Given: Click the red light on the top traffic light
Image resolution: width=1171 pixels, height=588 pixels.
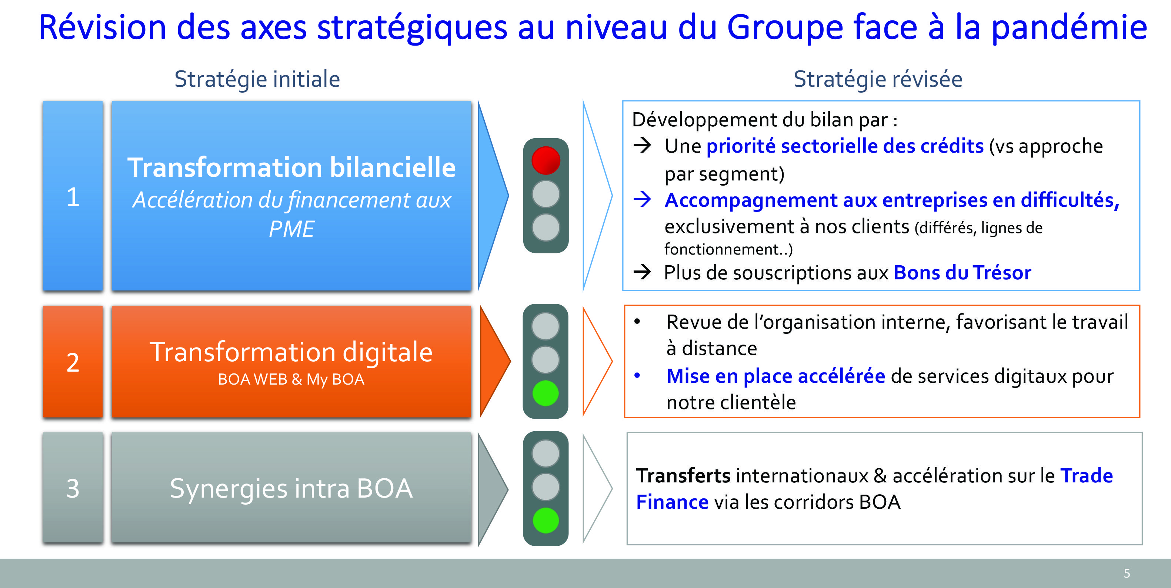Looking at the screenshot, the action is pyautogui.click(x=546, y=160).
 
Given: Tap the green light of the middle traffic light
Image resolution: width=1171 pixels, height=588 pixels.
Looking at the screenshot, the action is pyautogui.click(x=546, y=393).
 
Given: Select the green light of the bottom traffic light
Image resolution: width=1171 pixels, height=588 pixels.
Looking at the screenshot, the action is pyautogui.click(x=546, y=520).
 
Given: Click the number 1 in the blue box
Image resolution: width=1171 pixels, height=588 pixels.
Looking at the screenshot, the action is pyautogui.click(x=73, y=197).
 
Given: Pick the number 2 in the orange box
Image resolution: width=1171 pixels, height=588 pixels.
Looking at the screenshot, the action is pyautogui.click(x=73, y=362).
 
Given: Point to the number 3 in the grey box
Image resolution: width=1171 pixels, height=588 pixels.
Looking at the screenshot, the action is pyautogui.click(x=73, y=488).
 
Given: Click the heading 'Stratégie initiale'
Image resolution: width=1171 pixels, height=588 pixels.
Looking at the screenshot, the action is pyautogui.click(x=257, y=79).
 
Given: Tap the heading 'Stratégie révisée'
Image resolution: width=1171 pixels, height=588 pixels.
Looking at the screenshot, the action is pyautogui.click(x=878, y=79).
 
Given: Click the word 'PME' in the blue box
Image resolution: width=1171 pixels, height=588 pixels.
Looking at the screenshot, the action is pyautogui.click(x=291, y=229).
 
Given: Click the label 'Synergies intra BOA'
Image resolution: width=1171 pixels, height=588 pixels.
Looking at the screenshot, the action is pyautogui.click(x=291, y=489).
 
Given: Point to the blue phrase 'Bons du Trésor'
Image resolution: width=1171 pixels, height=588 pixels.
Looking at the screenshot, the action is pyautogui.click(x=963, y=273).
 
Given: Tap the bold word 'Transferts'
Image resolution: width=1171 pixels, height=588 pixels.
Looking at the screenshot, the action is pyautogui.click(x=683, y=476).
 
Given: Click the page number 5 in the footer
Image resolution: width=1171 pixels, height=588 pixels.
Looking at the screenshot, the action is pyautogui.click(x=1127, y=573).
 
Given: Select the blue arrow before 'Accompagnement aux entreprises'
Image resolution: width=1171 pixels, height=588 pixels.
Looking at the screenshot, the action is pyautogui.click(x=642, y=199).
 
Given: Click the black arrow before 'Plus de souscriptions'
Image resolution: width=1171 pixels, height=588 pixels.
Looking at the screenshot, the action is pyautogui.click(x=642, y=272).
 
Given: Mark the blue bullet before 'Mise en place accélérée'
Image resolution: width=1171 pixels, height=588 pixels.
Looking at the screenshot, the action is pyautogui.click(x=637, y=376).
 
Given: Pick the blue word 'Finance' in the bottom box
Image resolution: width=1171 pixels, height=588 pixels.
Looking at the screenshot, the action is pyautogui.click(x=672, y=502).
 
